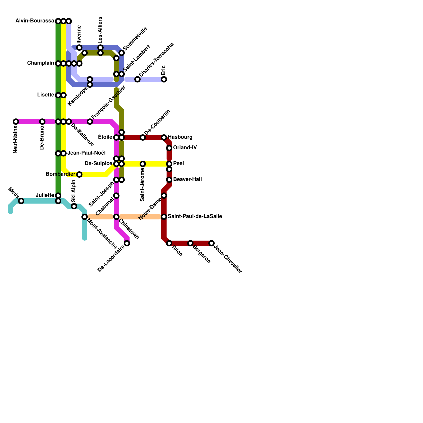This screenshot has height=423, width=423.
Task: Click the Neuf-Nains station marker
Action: [x=16, y=122]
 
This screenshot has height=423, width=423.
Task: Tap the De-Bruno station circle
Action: [x=42, y=122]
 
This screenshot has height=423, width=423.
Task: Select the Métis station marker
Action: [x=21, y=201]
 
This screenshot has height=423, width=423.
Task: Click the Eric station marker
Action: [x=164, y=79]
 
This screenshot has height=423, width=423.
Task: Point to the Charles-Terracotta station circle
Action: [x=137, y=79]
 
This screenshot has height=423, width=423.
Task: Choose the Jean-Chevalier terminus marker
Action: [x=212, y=243]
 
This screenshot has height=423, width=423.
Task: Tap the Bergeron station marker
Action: [x=190, y=243]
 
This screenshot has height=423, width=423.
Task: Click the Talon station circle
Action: [x=169, y=243]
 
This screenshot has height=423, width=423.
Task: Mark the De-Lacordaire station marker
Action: [x=127, y=243]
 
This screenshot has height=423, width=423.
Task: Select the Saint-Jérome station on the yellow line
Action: [x=143, y=164]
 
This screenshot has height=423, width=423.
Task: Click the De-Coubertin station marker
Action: [x=143, y=137]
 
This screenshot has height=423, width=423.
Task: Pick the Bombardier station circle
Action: [x=79, y=174]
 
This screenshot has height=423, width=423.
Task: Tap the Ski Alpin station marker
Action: [x=74, y=206]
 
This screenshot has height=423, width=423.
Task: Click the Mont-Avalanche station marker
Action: [x=85, y=217]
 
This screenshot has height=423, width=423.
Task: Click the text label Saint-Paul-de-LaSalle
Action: [x=195, y=217]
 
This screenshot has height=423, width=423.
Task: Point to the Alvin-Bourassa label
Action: [x=35, y=21]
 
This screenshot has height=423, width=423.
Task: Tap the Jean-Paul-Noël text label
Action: [x=86, y=153]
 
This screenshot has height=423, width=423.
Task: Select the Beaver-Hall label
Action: [x=187, y=180]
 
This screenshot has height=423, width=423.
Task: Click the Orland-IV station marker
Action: [x=169, y=148]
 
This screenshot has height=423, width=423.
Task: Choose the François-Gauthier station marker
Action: [x=90, y=122]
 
